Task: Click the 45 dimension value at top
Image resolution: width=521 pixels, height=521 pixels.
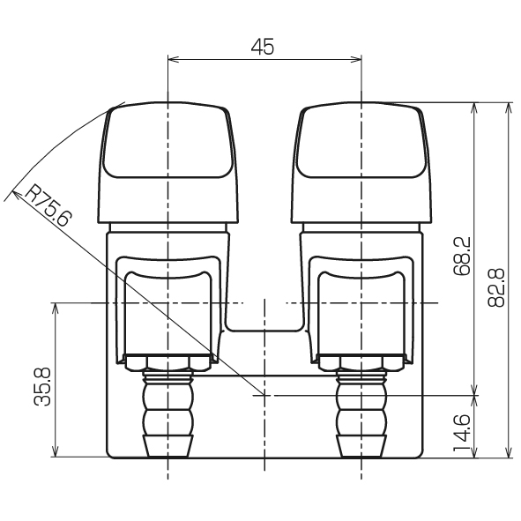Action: point(263,47)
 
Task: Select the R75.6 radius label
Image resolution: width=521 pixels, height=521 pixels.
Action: point(48,206)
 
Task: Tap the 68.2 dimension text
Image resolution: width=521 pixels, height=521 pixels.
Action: point(462,256)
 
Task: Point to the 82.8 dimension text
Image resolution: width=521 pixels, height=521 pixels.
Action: point(496,287)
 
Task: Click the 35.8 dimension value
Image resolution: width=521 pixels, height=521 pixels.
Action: point(42,386)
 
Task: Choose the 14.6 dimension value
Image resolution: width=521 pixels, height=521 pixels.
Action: point(462,432)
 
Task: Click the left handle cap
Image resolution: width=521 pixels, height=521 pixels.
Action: point(168,162)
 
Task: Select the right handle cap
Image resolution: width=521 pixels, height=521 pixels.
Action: point(361,162)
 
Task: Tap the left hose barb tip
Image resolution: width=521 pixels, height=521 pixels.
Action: point(168,445)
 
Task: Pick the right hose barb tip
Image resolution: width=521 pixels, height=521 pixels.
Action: point(361,445)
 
